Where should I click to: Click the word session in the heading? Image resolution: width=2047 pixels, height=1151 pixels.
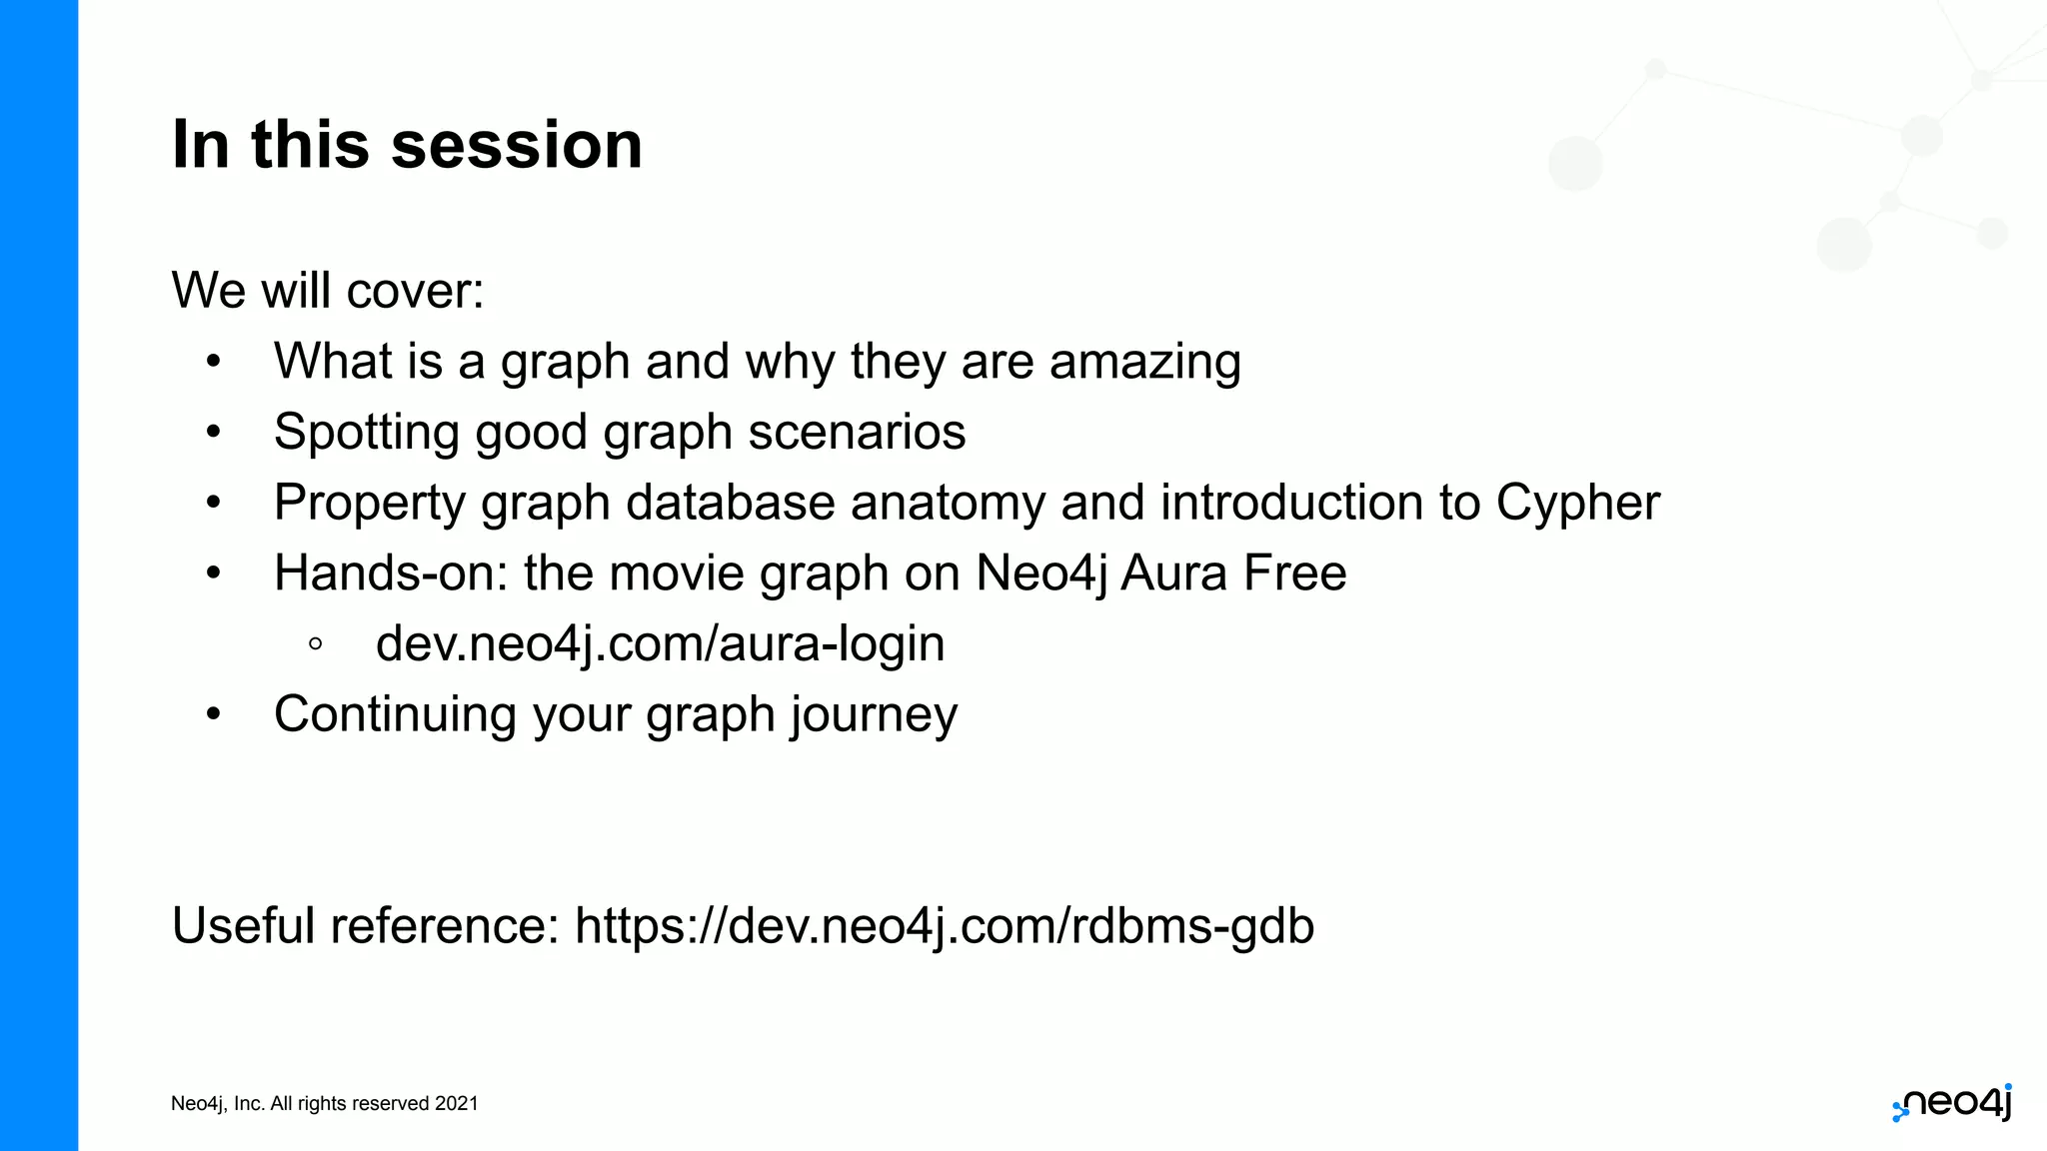(x=516, y=146)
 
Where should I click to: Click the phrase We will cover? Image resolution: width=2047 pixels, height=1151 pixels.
(x=327, y=291)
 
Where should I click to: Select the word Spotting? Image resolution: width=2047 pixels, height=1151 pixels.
(x=366, y=433)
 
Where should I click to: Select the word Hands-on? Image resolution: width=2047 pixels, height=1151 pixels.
(x=391, y=574)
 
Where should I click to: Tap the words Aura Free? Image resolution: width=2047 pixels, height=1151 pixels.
(x=1233, y=574)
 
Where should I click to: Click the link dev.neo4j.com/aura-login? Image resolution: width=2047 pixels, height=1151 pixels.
(x=660, y=643)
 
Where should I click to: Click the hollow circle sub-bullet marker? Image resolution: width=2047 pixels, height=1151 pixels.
(x=316, y=644)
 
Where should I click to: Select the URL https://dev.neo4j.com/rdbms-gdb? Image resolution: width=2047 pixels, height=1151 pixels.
(x=944, y=925)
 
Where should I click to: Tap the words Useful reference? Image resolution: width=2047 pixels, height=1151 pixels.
(x=365, y=925)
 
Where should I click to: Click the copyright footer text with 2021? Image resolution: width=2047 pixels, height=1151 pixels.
(x=324, y=1103)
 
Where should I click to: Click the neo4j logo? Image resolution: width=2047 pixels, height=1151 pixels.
(x=1952, y=1103)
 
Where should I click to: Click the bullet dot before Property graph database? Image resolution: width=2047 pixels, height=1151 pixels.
(x=213, y=503)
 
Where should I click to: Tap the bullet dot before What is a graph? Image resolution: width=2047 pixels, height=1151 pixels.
(x=213, y=362)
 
